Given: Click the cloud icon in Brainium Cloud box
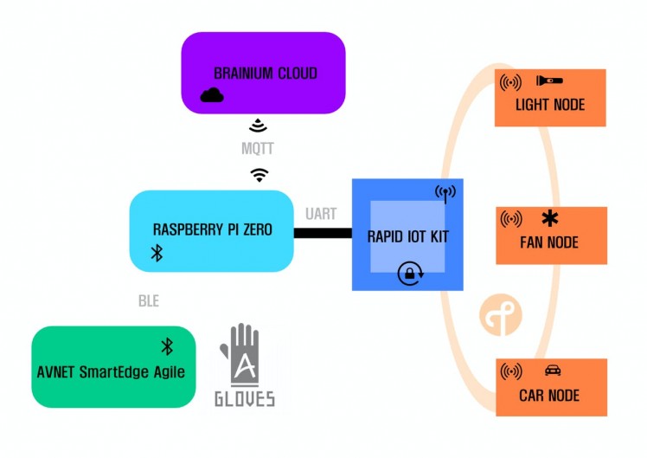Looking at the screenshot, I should (x=212, y=94).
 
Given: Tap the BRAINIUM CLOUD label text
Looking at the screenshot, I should (x=266, y=74).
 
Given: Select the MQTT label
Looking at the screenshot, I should (x=258, y=149).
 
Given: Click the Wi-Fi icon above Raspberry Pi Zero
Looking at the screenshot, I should (x=259, y=175).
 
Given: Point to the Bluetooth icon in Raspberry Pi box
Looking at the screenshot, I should (x=157, y=252).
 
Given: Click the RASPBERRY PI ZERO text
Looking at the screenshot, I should (x=212, y=230).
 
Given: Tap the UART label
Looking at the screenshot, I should (x=321, y=214).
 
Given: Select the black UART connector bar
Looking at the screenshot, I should (x=323, y=233).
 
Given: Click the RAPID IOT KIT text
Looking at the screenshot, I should (x=408, y=236).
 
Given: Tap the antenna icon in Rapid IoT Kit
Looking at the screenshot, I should (x=445, y=192).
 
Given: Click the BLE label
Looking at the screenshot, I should (x=149, y=301).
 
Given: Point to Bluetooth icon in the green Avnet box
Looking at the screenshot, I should (x=168, y=346).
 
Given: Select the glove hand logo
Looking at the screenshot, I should (x=244, y=356).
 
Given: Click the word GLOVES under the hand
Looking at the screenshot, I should (x=245, y=398).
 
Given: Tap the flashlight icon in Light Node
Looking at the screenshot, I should (x=549, y=81).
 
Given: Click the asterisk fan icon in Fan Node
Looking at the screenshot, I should (x=549, y=218).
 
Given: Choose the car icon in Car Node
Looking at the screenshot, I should (x=553, y=371).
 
